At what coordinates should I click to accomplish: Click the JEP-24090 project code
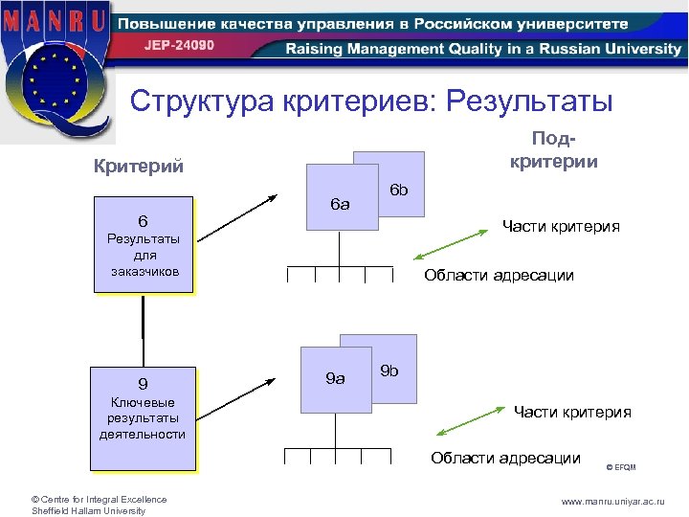(x=180, y=45)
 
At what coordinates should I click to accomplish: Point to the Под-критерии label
(x=554, y=152)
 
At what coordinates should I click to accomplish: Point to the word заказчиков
(x=144, y=272)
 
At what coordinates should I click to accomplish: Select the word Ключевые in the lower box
(x=143, y=403)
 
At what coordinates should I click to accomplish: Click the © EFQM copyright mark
(x=621, y=467)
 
